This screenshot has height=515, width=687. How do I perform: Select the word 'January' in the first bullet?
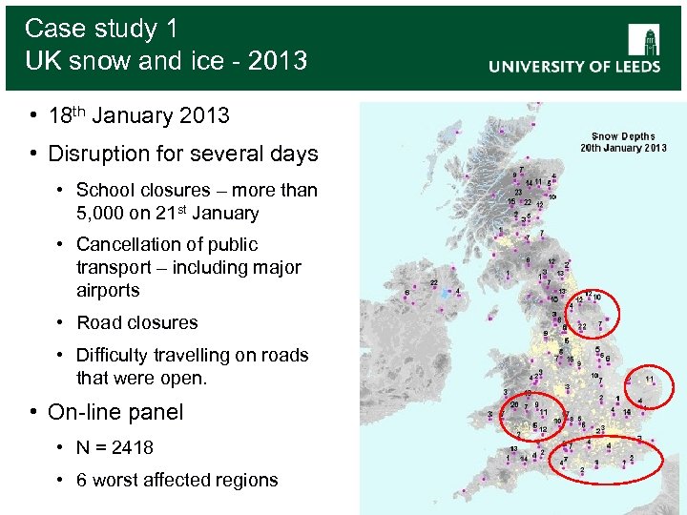[134, 116]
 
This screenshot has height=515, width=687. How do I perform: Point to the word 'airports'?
[108, 290]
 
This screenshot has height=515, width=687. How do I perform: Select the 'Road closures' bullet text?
[137, 322]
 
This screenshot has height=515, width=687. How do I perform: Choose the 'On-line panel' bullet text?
[115, 412]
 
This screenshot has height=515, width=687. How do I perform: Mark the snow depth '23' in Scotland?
[518, 192]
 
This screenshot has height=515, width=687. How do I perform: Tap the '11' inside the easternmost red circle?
[650, 379]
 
